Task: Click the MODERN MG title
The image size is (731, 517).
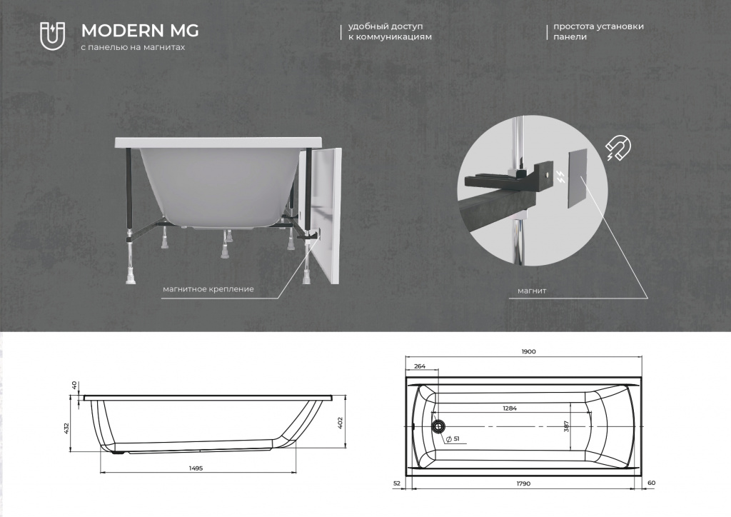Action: [140, 31]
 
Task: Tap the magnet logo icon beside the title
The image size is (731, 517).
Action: [52, 35]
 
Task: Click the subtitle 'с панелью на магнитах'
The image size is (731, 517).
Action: [133, 47]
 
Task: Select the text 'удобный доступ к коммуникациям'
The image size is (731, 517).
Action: [390, 31]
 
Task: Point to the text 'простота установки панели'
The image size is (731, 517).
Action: [599, 31]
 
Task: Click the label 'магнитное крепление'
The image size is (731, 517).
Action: [208, 289]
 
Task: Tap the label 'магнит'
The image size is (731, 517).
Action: [532, 291]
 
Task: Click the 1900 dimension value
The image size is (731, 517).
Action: [528, 351]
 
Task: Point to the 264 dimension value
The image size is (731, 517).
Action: [420, 366]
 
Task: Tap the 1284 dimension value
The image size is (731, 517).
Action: [510, 408]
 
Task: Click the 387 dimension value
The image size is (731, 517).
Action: [566, 426]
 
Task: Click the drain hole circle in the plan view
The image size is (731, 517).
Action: [438, 426]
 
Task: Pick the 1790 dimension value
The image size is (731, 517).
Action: [523, 483]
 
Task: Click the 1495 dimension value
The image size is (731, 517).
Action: [196, 468]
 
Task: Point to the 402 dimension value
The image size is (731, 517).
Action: [340, 423]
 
